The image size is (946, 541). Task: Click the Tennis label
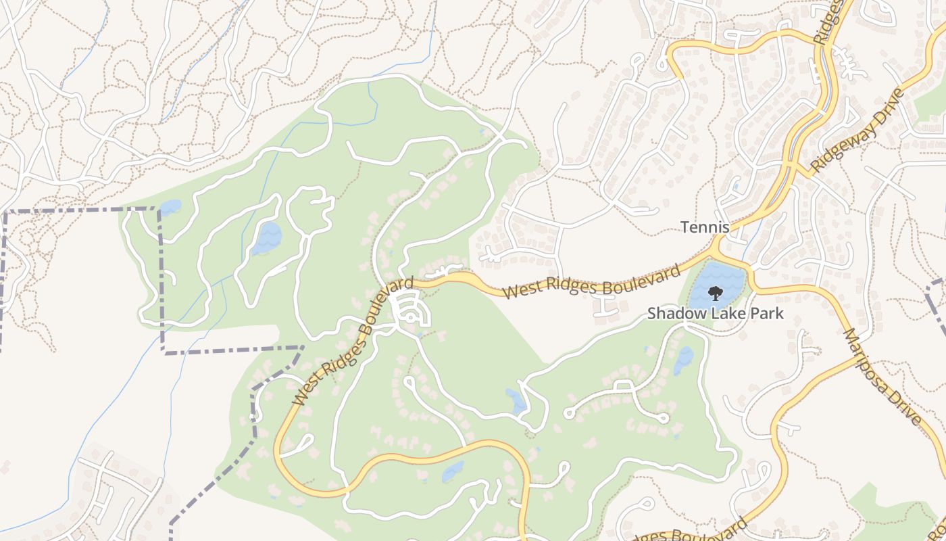click(705, 227)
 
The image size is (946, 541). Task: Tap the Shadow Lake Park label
click(716, 313)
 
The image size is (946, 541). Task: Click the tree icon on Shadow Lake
click(715, 293)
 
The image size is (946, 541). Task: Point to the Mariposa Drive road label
click(882, 377)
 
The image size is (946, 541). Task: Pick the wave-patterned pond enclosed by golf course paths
click(266, 238)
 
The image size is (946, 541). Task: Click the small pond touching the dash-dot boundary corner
click(170, 207)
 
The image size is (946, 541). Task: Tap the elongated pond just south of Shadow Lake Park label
click(683, 360)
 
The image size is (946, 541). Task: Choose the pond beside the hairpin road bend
click(517, 402)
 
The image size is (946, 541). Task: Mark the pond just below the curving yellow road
click(453, 471)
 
